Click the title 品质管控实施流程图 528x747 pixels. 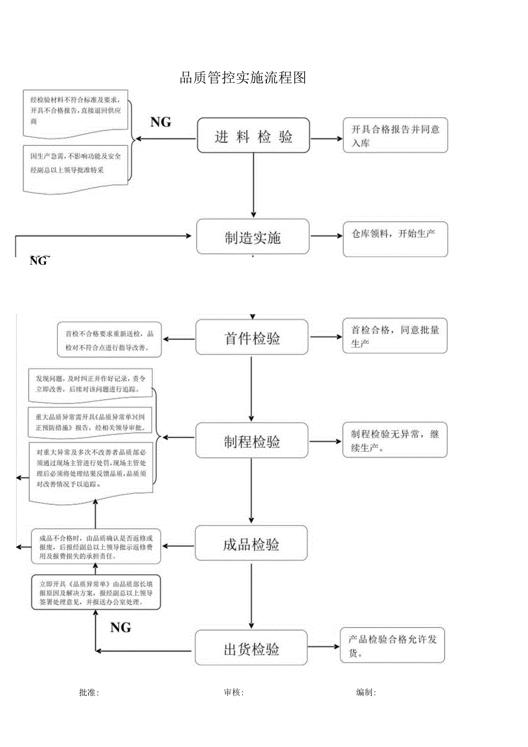(243, 78)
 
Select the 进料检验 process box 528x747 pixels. (254, 136)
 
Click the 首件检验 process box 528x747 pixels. (252, 338)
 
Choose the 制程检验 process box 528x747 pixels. (252, 441)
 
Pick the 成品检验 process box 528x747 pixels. (251, 544)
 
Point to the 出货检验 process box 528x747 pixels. (251, 649)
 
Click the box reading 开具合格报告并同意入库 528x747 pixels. (395, 136)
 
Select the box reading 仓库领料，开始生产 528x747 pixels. (395, 238)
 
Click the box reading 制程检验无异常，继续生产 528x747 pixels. (395, 440)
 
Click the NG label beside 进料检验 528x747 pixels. (161, 122)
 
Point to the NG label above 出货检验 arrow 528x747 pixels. (121, 627)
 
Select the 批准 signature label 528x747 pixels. (89, 692)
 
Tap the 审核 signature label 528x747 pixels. (234, 692)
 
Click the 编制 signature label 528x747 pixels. (366, 692)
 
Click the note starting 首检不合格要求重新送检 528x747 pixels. (109, 340)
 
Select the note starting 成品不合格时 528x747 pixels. (96, 547)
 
